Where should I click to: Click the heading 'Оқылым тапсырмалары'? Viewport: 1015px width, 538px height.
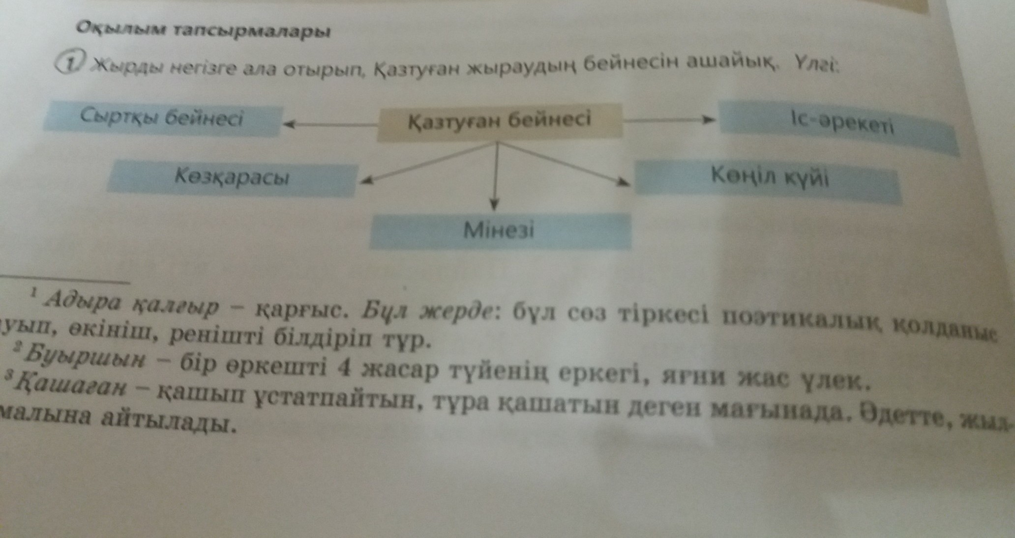click(203, 30)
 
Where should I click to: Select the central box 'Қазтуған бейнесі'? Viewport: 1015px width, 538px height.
click(499, 121)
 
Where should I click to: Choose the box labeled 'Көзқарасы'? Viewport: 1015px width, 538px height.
click(232, 177)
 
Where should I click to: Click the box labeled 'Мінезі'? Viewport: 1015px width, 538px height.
click(499, 230)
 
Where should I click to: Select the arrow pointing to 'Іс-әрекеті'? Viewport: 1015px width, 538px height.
click(669, 119)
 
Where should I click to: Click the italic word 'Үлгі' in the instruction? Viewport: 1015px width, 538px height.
click(815, 64)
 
